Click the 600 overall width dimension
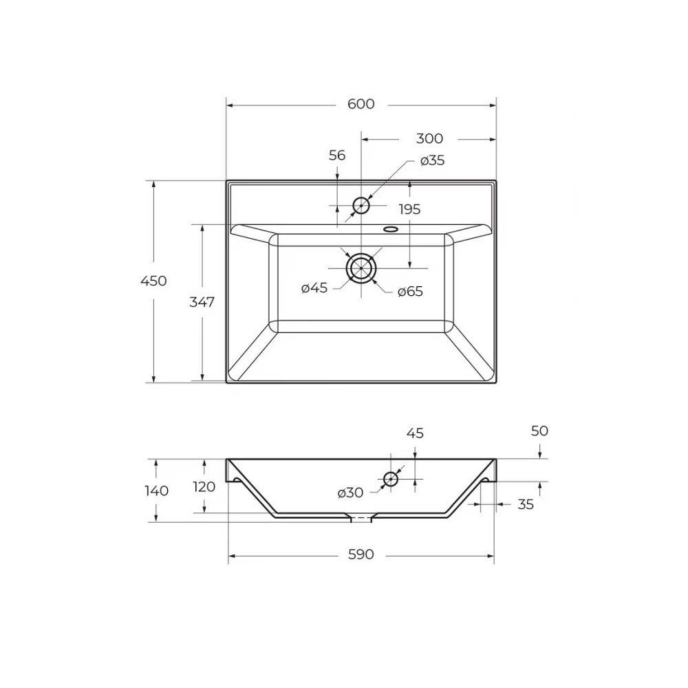361,104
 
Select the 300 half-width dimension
429,139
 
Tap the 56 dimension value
337,155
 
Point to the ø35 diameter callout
432,160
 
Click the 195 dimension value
409,209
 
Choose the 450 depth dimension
153,281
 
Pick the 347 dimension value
202,302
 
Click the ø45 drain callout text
314,288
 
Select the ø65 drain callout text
410,291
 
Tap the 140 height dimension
157,491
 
